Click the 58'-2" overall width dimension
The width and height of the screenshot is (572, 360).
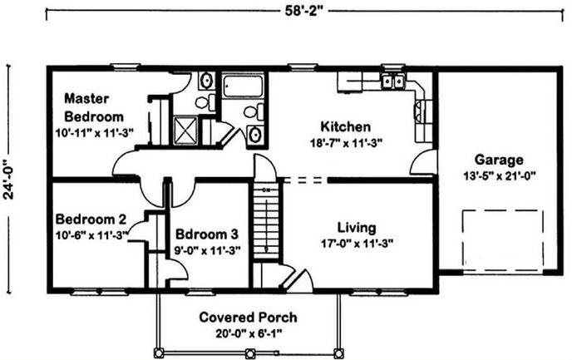(304, 11)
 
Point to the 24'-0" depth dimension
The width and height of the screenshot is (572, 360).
(8, 179)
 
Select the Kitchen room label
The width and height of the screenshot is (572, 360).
(346, 126)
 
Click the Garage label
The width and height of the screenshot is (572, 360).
(499, 160)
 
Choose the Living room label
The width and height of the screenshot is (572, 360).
(357, 228)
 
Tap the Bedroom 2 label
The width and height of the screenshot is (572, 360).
(91, 219)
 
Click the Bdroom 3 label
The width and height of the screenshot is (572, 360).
(207, 234)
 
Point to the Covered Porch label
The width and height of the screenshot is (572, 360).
(248, 318)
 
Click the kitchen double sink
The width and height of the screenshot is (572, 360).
(392, 81)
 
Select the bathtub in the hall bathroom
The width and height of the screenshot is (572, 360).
(243, 86)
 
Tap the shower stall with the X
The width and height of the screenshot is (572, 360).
(185, 131)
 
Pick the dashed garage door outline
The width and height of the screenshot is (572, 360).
(503, 238)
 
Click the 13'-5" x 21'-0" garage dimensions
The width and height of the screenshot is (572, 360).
(499, 176)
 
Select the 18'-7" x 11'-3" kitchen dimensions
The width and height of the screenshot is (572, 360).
(346, 143)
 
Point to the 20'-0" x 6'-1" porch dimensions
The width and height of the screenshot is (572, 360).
(249, 333)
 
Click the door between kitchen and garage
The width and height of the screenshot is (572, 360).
(423, 162)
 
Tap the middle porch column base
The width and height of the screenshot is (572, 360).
(250, 353)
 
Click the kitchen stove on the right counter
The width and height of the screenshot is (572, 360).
(420, 110)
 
